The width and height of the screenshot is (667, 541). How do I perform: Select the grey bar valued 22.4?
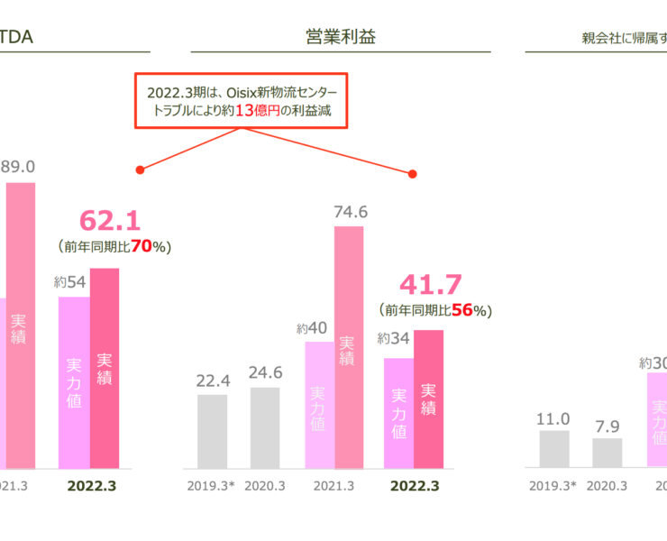(x=213, y=431)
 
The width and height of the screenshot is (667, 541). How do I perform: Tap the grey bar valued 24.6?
(x=265, y=427)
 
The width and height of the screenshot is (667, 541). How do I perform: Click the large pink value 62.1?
(x=112, y=221)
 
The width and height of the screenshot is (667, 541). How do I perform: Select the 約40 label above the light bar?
(x=312, y=329)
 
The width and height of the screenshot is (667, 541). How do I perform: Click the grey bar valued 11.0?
(x=554, y=448)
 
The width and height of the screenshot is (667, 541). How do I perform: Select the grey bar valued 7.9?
(x=607, y=453)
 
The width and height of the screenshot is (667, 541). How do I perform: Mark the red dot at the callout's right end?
(x=416, y=174)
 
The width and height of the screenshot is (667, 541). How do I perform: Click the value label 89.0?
(x=18, y=167)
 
